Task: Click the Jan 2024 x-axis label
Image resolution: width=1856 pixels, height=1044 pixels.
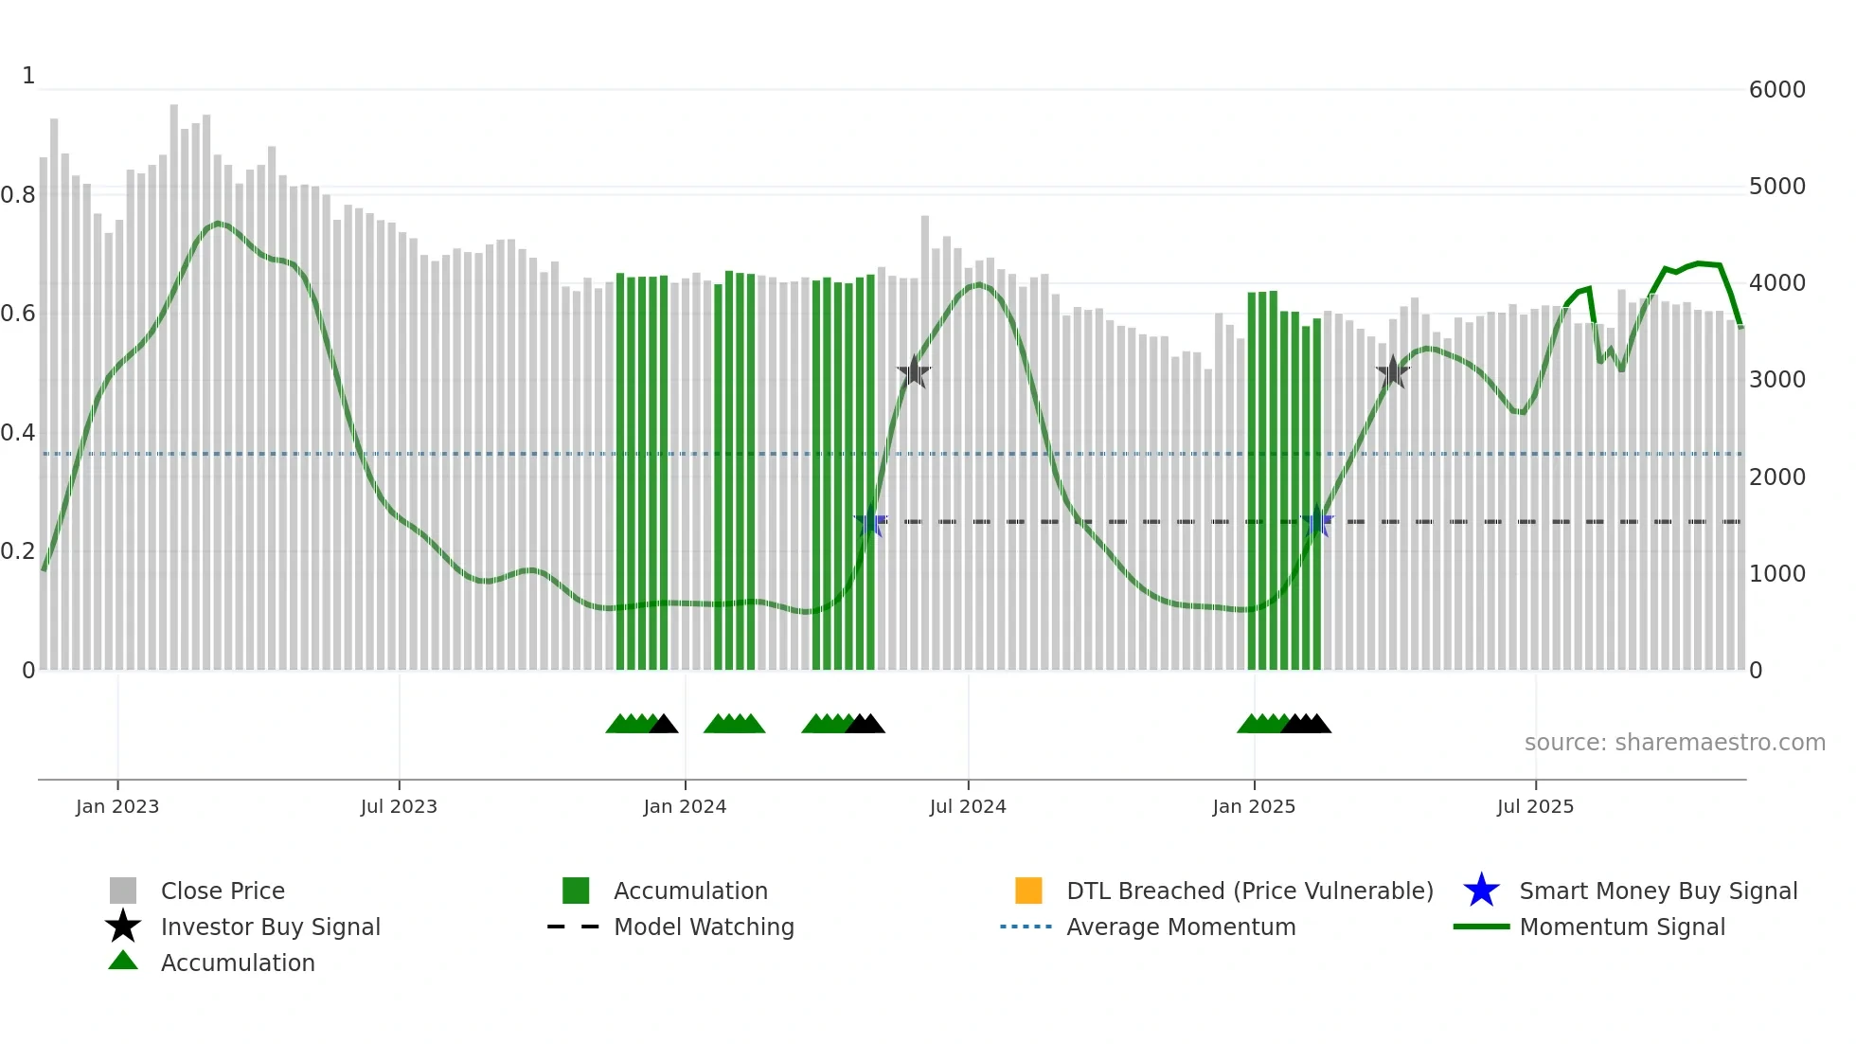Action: coord(685,806)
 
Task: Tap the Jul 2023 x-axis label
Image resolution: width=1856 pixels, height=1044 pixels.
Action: coord(399,806)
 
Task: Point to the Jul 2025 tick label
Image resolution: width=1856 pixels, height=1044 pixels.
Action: coord(1535,806)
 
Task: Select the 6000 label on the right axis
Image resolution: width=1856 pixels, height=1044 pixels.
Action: coord(1776,90)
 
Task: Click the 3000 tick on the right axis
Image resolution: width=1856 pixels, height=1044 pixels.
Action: coord(1776,380)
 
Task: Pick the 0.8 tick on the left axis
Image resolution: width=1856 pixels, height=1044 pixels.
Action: coord(18,195)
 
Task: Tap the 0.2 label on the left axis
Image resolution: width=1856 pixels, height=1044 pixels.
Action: coord(18,551)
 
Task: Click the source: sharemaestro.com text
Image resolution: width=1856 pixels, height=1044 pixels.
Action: coord(1674,743)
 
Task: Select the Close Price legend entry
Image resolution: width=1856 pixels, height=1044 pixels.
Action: coord(223,891)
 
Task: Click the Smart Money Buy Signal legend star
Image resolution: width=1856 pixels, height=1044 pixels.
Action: coord(1481,891)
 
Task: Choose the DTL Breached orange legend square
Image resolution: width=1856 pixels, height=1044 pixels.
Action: coord(1028,891)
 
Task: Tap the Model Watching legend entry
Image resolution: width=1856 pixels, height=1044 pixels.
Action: coord(704,927)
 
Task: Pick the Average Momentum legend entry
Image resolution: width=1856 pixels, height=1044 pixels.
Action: coord(1181,927)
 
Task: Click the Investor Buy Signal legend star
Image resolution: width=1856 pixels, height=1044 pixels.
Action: coord(123,927)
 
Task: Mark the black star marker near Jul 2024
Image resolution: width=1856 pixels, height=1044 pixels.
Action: coord(914,372)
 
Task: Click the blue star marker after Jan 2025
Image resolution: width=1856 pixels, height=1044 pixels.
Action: coord(1316,521)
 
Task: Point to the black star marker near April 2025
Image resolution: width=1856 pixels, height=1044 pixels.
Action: coord(1393,372)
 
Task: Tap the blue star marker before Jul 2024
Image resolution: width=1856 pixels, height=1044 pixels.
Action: coord(870,521)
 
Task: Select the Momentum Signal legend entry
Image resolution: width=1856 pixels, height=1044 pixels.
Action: coord(1622,927)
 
